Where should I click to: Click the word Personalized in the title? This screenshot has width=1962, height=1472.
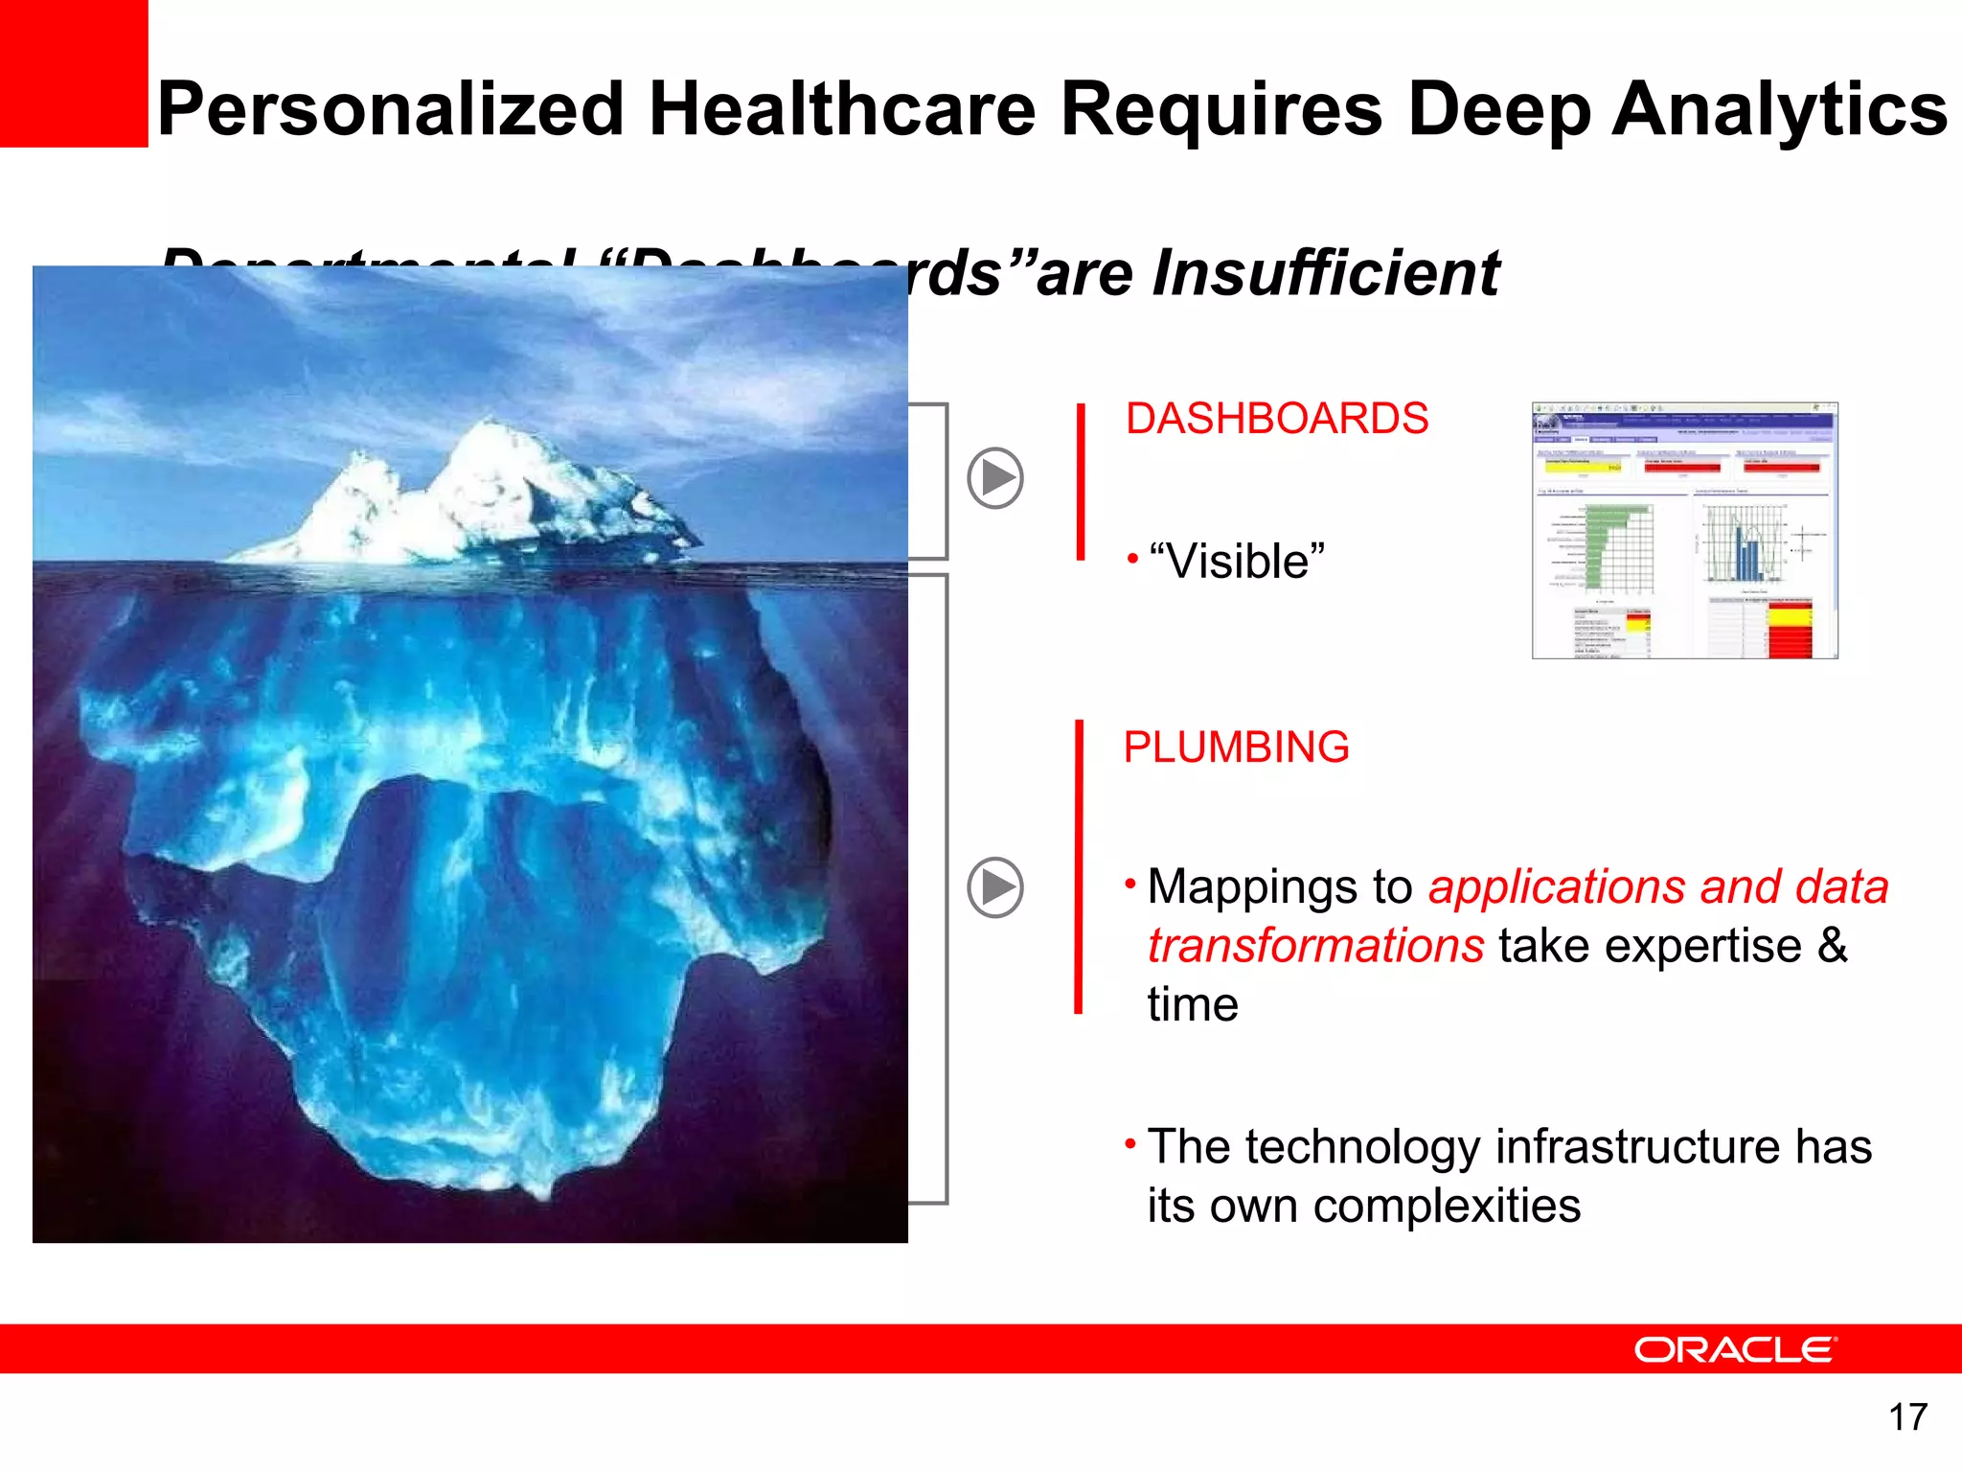coord(391,109)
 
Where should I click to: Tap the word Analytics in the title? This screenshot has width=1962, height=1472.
coord(1779,109)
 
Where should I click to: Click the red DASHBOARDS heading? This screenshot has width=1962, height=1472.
coord(1276,419)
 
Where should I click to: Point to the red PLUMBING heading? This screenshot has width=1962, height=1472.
coord(1236,747)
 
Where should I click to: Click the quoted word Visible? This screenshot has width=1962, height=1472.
coord(1237,562)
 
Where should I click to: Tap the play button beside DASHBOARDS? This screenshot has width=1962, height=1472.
coord(995,477)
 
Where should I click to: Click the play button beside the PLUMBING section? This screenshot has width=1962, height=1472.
coord(995,887)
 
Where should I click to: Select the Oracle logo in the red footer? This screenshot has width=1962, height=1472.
coord(1735,1349)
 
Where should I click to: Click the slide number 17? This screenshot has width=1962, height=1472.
coord(1907,1417)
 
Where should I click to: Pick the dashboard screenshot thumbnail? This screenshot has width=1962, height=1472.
coord(1684,531)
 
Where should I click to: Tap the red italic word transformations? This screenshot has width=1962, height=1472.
coord(1316,946)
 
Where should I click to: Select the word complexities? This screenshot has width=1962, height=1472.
coord(1447,1207)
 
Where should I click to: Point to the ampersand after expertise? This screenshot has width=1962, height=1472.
coord(1832,946)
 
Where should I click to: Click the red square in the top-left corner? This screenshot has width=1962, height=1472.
coord(74,73)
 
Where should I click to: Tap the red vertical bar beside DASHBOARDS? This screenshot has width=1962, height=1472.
coord(1081,481)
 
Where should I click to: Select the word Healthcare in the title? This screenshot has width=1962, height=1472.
coord(843,109)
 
